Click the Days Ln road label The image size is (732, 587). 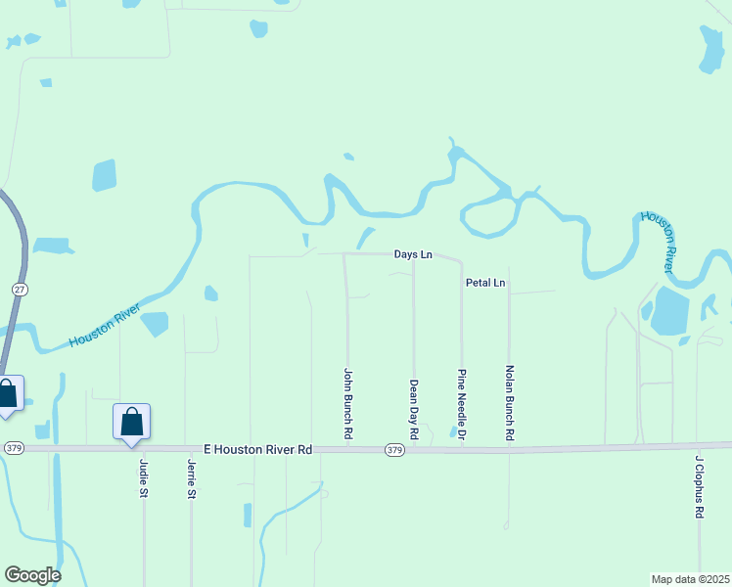point(413,254)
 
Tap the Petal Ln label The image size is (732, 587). point(484,284)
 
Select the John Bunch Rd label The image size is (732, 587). point(347,401)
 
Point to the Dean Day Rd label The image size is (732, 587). point(414,408)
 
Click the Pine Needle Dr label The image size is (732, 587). point(461,405)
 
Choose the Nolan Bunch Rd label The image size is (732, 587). point(509,401)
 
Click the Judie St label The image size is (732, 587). point(144,478)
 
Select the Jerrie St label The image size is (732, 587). point(191,479)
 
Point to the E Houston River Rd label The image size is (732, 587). point(257,449)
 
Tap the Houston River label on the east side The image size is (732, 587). point(658,240)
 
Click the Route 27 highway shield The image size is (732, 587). point(20,290)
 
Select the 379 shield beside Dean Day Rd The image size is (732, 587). point(394,450)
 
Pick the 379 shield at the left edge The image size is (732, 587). point(12,448)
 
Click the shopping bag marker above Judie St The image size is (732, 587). point(132,423)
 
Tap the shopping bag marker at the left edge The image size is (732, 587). point(8,394)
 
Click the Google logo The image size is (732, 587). point(32,575)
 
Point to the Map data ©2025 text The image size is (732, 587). point(690,579)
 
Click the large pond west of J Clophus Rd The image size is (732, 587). point(670,311)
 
